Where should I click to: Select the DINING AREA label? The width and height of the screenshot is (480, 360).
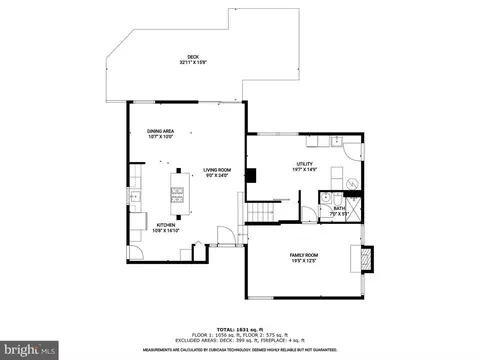click(161, 132)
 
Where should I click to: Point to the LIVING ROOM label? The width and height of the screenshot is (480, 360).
click(217, 170)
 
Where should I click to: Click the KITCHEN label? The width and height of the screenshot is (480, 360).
click(166, 225)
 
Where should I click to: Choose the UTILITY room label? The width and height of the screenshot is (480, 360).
click(304, 164)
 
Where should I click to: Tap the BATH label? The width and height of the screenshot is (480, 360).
click(339, 208)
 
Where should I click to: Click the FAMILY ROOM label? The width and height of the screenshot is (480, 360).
click(304, 256)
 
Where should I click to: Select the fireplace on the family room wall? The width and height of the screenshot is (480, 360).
click(365, 258)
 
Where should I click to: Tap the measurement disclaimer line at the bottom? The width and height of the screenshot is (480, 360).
click(239, 350)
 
